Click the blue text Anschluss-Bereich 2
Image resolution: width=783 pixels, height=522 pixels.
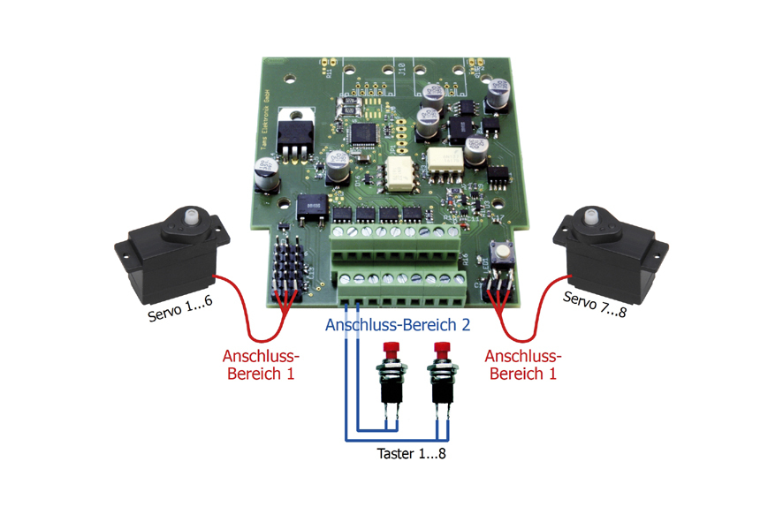pos(398,324)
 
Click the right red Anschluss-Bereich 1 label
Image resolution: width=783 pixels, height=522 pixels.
pos(523,365)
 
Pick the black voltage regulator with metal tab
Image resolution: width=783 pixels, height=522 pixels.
pos(293,132)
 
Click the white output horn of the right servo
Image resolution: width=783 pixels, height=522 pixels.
pos(588,215)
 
